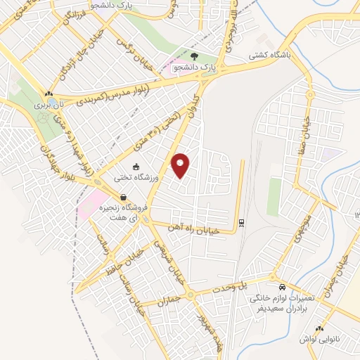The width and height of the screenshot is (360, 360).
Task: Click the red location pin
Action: pyautogui.click(x=181, y=165)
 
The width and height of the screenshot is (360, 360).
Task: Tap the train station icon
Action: pyautogui.click(x=242, y=222)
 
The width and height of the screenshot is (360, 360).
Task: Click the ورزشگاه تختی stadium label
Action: pyautogui.click(x=144, y=179)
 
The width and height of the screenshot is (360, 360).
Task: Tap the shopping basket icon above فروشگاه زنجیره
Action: pyautogui.click(x=124, y=198)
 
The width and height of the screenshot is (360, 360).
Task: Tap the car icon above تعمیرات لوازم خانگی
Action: pyautogui.click(x=281, y=288)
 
